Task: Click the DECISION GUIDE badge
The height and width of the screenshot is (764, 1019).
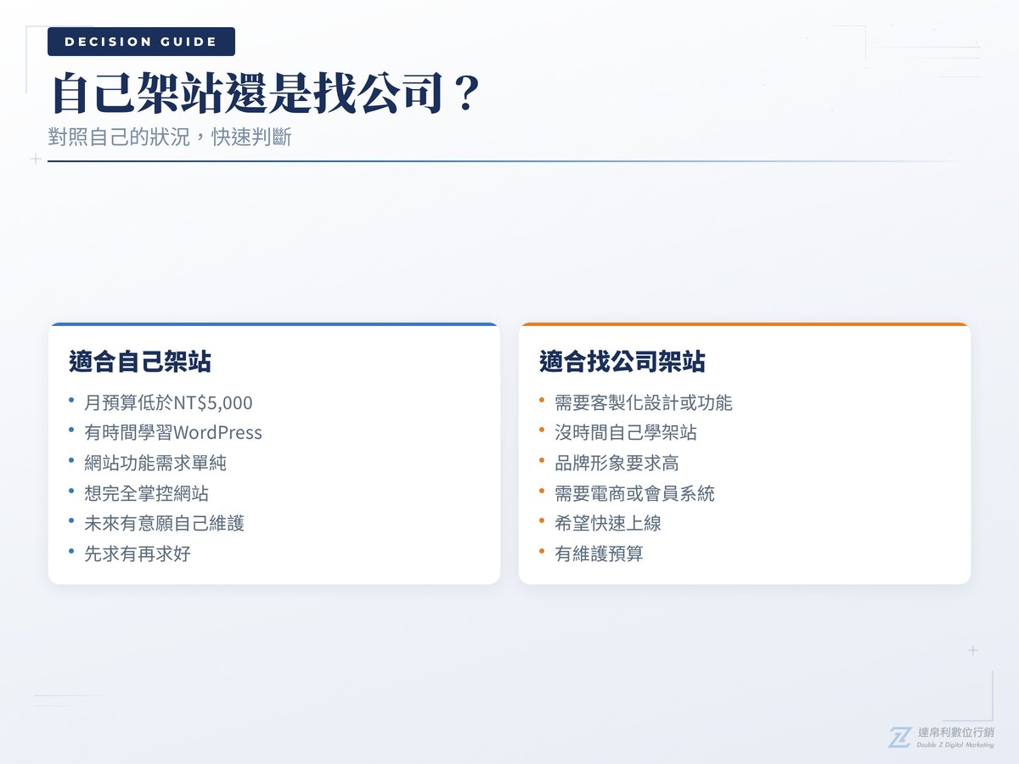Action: [141, 42]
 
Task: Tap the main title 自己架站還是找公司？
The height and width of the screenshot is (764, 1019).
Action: [266, 94]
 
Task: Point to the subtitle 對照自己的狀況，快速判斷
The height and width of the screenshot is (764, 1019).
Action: [170, 137]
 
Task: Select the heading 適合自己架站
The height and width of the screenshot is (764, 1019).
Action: [140, 362]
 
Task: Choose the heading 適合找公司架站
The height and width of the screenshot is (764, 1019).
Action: [622, 362]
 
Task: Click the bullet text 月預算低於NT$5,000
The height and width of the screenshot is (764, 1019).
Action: [168, 402]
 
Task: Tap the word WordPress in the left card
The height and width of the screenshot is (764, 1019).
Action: [217, 433]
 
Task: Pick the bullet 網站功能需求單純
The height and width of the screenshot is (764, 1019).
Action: [155, 463]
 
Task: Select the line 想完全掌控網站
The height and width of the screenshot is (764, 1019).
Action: [146, 493]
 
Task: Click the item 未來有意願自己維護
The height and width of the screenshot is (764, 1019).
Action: [164, 524]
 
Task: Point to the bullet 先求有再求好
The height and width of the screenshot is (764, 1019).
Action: [138, 554]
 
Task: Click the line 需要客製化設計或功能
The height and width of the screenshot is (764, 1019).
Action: [643, 402]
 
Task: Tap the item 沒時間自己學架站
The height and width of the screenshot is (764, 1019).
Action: [626, 433]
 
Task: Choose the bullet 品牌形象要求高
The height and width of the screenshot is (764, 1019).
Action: [616, 463]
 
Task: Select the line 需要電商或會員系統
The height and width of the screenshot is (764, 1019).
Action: [634, 493]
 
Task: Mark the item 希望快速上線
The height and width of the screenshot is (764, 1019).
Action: [608, 524]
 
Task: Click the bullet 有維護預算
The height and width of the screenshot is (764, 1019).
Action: [599, 554]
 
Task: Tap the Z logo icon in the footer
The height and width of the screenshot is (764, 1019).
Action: [899, 737]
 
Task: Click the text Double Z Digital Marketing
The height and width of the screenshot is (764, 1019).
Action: [955, 745]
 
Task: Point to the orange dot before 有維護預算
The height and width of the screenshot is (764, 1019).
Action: [542, 553]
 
